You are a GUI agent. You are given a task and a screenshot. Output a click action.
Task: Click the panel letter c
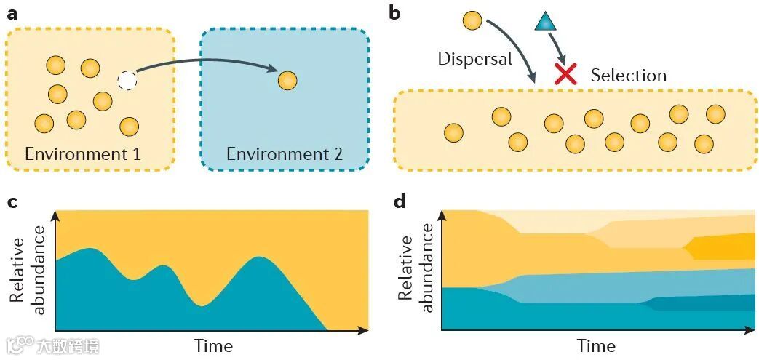tap(12, 203)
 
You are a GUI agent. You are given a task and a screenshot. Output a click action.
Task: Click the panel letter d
tap(400, 201)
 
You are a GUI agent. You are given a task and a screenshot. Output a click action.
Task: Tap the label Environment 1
tap(82, 154)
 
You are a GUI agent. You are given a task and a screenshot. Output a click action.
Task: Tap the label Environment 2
tap(284, 154)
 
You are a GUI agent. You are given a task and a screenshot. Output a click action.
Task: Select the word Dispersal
tap(475, 59)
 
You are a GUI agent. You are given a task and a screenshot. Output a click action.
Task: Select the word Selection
tap(628, 76)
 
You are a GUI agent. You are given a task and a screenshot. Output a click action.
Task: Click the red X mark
tap(566, 73)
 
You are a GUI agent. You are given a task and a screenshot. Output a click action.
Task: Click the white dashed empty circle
tap(127, 80)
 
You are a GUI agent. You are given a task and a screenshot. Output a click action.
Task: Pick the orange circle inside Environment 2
tap(287, 80)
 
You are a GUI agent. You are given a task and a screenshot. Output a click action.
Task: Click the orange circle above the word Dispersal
tap(472, 20)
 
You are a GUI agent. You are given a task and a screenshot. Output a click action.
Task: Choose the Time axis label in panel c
tap(213, 345)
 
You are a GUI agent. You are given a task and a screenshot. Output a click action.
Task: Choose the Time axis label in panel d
tap(597, 345)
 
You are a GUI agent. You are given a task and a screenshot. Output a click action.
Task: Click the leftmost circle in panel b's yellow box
tap(453, 133)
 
